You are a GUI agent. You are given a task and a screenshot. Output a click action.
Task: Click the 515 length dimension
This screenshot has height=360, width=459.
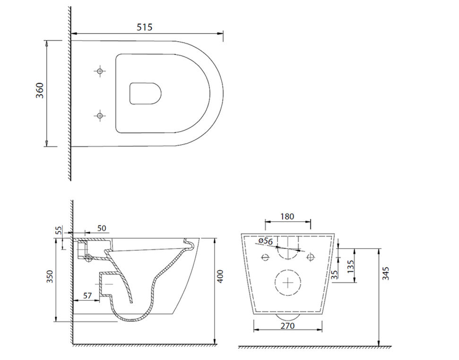pyautogui.click(x=145, y=27)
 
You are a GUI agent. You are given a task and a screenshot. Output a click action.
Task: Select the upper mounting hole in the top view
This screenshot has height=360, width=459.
pyautogui.click(x=99, y=71)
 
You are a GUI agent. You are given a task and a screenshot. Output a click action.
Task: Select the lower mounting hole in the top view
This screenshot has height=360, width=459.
pyautogui.click(x=99, y=115)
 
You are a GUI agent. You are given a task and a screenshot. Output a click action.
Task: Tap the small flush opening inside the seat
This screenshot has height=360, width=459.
pyautogui.click(x=145, y=93)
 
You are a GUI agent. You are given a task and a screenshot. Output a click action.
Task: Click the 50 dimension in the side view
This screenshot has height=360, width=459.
pyautogui.click(x=101, y=228)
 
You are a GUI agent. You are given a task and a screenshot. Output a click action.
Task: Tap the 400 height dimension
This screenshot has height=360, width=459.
pyautogui.click(x=220, y=276)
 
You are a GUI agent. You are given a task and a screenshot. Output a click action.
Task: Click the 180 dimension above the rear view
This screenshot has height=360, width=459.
pyautogui.click(x=287, y=216)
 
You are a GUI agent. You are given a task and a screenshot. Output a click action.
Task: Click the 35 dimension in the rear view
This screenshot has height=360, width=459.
pyautogui.click(x=335, y=274)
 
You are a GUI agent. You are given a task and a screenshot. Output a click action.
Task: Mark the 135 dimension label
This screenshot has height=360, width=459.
pyautogui.click(x=350, y=266)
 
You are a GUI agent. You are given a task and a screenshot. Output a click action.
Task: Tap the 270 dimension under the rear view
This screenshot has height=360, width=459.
pyautogui.click(x=287, y=326)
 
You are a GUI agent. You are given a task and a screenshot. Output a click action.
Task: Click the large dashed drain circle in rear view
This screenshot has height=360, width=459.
pyautogui.click(x=288, y=282)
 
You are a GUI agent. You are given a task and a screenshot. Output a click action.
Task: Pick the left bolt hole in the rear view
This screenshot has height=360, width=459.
pyautogui.click(x=265, y=257)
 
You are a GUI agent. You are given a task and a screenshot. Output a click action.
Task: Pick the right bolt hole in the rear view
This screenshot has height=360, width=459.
pyautogui.click(x=311, y=257)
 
